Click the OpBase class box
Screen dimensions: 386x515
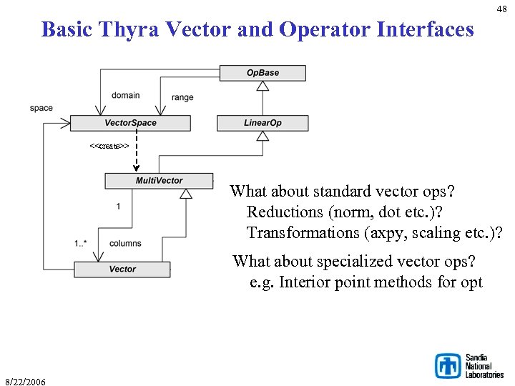(x=263, y=73)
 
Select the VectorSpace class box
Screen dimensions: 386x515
(x=130, y=123)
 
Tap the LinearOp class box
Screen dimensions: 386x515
(x=263, y=123)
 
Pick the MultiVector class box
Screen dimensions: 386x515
(x=159, y=181)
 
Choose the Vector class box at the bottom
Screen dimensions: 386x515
(x=122, y=269)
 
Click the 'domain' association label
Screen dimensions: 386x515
(x=125, y=95)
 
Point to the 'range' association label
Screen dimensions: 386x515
(x=182, y=97)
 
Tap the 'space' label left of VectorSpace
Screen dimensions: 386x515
(x=41, y=108)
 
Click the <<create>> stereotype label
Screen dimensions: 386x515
(x=109, y=146)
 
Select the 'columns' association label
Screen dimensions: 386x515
(x=125, y=243)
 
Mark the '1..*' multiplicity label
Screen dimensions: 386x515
(x=80, y=243)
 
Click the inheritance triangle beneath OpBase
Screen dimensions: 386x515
(x=263, y=86)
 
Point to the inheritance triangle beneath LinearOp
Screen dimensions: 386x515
(x=263, y=137)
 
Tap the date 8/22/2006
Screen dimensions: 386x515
(x=25, y=382)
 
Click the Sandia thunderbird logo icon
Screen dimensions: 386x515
(x=448, y=365)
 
